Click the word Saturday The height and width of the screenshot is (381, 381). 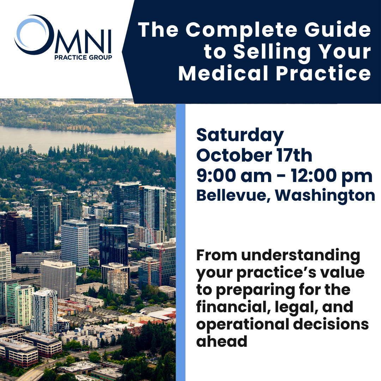point(240,136)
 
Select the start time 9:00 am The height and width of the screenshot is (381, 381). point(234,175)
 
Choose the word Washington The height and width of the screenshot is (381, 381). point(325,196)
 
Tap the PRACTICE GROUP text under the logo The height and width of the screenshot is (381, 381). point(83,58)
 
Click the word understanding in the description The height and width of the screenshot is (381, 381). point(301,256)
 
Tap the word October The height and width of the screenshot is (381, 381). point(234,156)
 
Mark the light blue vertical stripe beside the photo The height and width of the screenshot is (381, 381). point(181,242)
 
